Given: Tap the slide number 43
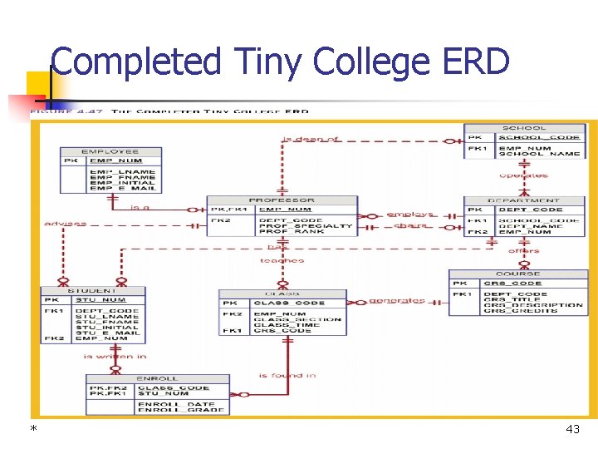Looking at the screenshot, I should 572,429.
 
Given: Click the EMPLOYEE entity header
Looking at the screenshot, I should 110,151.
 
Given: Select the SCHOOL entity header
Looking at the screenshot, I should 524,128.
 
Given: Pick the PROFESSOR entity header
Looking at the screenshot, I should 282,200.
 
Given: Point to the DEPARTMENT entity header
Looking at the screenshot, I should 523,200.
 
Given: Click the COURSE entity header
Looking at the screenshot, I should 517,274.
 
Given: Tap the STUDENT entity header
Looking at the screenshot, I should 92,291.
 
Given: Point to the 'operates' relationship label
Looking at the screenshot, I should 523,175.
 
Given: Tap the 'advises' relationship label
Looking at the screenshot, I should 65,224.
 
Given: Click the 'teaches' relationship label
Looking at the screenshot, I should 282,260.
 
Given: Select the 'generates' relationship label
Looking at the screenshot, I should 397,300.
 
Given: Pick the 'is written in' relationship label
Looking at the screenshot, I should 115,356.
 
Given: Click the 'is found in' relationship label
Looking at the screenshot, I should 287,375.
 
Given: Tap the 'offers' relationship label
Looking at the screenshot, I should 523,250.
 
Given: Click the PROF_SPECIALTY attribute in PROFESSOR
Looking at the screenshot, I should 305,225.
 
